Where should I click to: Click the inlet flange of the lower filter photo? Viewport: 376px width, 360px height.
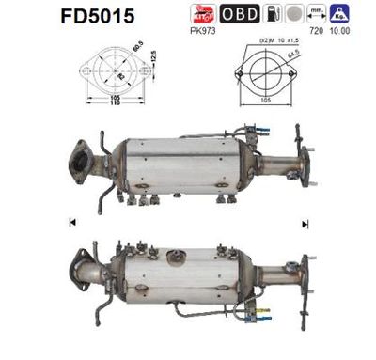tap(78, 269)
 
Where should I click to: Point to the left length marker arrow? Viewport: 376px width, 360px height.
tap(72, 222)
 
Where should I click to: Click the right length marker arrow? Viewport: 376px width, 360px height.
tap(305, 222)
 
